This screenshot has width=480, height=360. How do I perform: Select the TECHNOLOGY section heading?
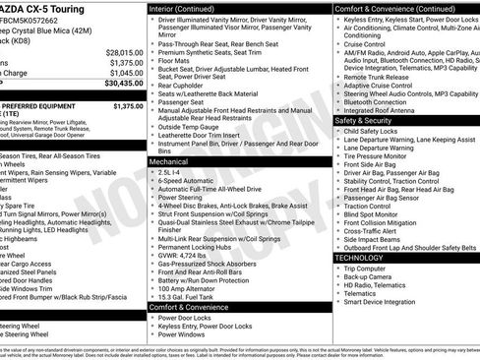point(359,258)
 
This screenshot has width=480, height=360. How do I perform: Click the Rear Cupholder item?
point(188,85)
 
